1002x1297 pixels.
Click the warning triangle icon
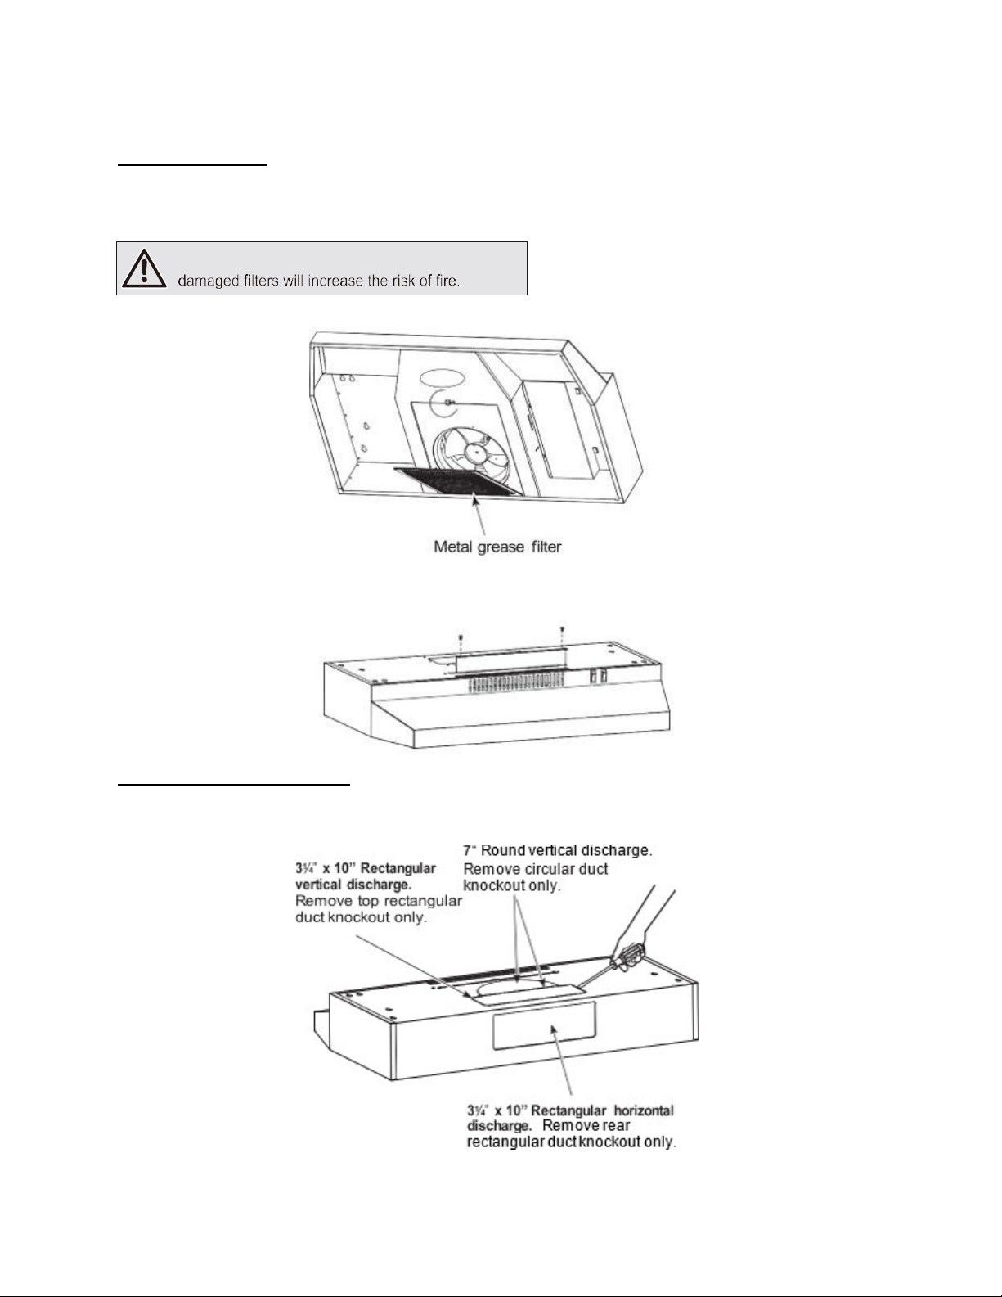pyautogui.click(x=144, y=269)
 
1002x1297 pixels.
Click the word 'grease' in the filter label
pyautogui.click(x=497, y=546)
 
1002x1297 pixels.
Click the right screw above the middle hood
pyautogui.click(x=562, y=628)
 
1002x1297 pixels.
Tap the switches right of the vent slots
pyautogui.click(x=597, y=677)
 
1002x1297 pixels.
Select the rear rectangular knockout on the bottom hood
pyautogui.click(x=543, y=1025)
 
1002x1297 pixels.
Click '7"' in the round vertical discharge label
pyautogui.click(x=469, y=849)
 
